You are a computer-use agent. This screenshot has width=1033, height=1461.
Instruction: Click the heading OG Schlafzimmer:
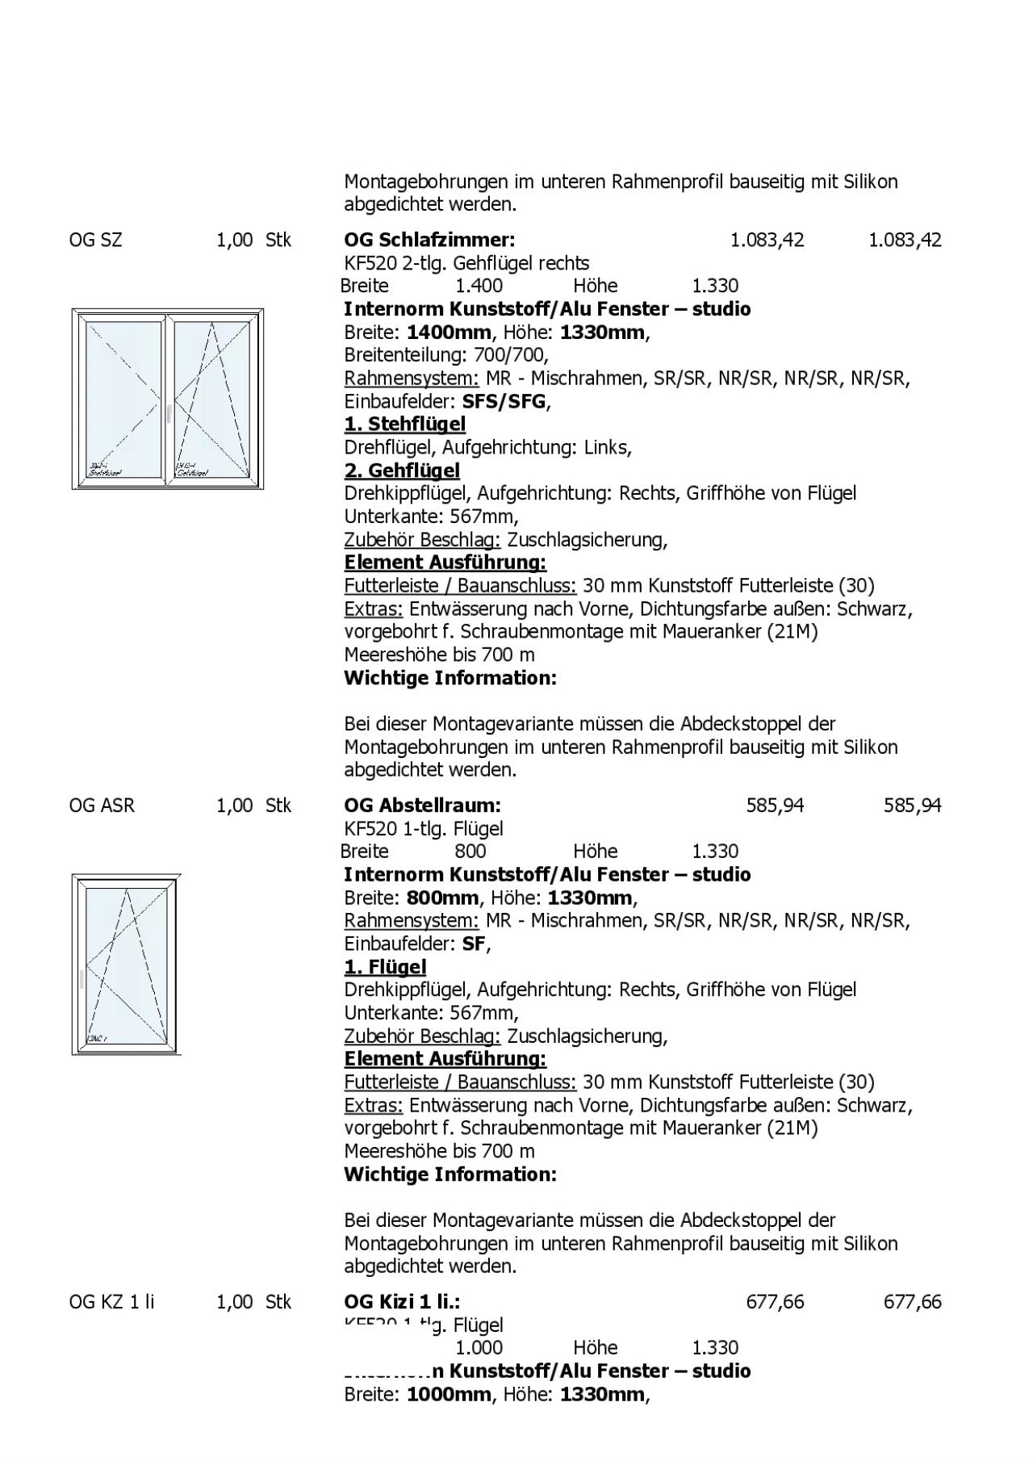click(429, 240)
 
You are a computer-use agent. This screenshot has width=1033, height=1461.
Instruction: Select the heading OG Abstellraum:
click(422, 805)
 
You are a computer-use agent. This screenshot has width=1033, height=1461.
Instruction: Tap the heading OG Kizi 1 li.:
click(402, 1301)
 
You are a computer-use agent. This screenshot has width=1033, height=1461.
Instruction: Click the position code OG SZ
click(95, 240)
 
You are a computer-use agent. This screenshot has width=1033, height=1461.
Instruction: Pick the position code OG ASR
click(102, 805)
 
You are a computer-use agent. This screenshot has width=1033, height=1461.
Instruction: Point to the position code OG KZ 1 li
click(111, 1301)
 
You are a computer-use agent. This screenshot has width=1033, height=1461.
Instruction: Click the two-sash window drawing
click(168, 399)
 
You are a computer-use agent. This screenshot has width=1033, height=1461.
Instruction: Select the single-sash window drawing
click(126, 964)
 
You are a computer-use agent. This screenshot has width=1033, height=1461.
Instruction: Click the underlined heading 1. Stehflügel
click(404, 424)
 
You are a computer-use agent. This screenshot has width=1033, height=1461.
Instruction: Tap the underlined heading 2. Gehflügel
click(402, 470)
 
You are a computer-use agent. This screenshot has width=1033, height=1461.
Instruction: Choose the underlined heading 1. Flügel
click(385, 966)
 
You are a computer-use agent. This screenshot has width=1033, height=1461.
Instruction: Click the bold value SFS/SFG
click(504, 401)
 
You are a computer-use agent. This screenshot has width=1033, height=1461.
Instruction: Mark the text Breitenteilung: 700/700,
click(446, 354)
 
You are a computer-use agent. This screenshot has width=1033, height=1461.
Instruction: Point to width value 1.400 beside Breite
click(479, 286)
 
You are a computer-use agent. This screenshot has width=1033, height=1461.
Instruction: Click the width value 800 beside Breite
click(470, 851)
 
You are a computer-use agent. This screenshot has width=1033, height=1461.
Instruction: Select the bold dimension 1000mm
click(449, 1394)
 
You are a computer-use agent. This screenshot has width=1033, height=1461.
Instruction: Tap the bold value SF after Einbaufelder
click(473, 944)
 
